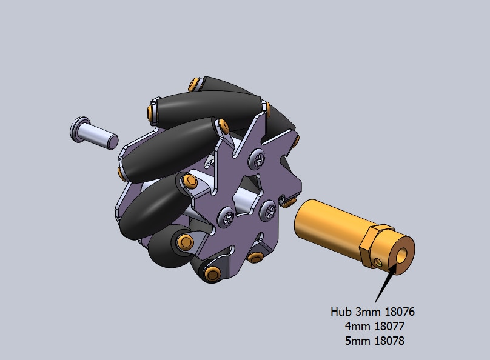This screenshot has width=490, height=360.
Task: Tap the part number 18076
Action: click(400, 312)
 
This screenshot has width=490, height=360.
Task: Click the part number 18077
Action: click(389, 326)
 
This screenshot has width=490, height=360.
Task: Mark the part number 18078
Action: click(389, 341)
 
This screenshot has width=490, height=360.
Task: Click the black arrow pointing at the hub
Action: click(386, 284)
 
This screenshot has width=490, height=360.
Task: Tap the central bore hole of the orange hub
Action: click(402, 255)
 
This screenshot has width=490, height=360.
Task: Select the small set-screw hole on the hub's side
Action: click(378, 262)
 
